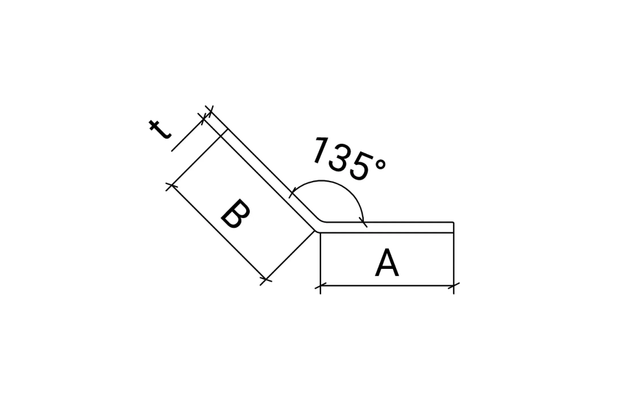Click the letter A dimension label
[x=387, y=263]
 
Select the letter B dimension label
[x=236, y=214]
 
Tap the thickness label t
[x=160, y=129]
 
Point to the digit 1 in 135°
[x=320, y=150]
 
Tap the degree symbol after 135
[x=380, y=164]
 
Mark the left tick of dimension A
[x=320, y=286]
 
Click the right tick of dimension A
[x=454, y=286]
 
